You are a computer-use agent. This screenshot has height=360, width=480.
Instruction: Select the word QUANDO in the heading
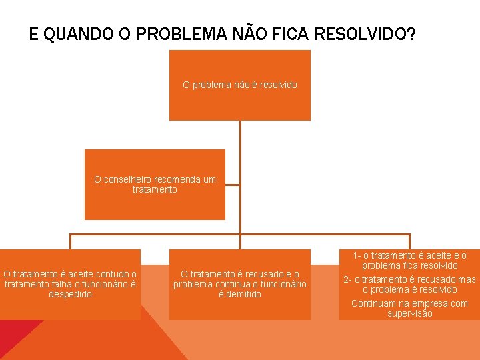(x=69, y=34)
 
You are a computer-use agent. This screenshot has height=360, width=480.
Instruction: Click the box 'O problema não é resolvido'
(x=240, y=85)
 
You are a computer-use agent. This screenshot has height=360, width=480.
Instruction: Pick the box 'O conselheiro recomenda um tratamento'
(x=155, y=185)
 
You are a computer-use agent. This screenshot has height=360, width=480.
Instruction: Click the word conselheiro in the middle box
(x=127, y=179)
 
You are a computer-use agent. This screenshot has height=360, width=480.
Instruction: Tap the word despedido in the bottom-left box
(x=70, y=294)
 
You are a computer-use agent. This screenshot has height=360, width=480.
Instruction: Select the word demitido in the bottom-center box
(x=240, y=294)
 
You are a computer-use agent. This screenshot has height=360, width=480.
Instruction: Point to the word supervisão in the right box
(x=409, y=313)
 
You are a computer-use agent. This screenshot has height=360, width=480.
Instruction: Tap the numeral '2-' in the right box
(x=347, y=279)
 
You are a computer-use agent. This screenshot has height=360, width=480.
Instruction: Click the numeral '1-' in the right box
(x=357, y=255)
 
